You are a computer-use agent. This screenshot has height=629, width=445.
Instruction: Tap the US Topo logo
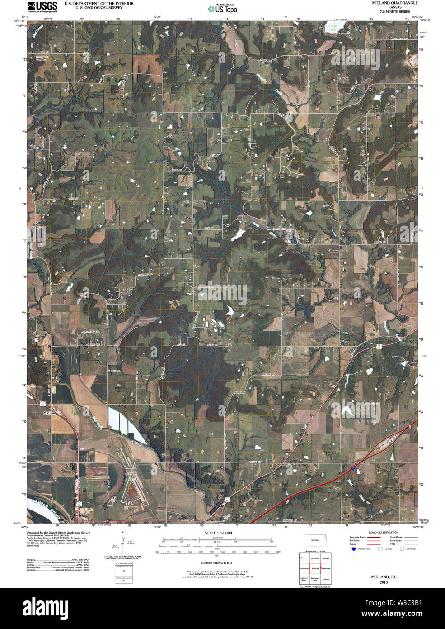(222, 9)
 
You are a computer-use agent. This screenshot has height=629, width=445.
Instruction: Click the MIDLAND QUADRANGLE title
(388, 3)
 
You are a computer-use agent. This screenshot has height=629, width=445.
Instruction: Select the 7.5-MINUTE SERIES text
(388, 11)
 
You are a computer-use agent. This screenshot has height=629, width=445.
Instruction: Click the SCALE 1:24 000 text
(218, 533)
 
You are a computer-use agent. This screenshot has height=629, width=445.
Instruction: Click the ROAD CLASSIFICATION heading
(383, 532)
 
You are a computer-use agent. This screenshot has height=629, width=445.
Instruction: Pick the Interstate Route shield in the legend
(353, 549)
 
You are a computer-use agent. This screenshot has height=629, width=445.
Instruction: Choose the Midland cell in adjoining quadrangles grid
(315, 568)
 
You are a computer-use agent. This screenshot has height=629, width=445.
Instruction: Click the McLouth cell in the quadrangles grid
(315, 558)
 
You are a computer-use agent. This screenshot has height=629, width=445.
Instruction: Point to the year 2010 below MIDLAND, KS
(384, 582)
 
